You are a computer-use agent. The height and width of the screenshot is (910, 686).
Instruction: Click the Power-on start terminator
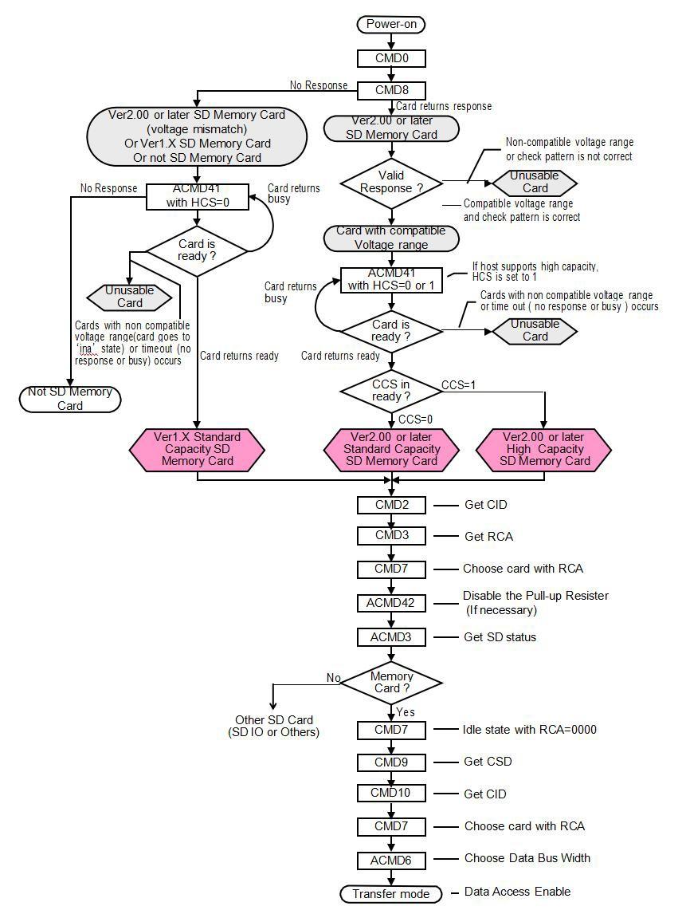[390, 25]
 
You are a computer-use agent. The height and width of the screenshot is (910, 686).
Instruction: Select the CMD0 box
[390, 58]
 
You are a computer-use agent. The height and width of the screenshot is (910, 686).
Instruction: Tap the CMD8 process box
[390, 90]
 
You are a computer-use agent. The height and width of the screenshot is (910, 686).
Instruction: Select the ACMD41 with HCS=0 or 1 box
[390, 280]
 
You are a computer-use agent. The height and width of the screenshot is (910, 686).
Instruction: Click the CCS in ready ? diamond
[390, 391]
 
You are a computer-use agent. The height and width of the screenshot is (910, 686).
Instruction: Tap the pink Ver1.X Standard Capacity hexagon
[197, 449]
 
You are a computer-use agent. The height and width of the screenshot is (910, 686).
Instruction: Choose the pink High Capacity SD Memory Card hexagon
[543, 449]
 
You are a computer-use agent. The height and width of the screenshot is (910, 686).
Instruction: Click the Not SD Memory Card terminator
[70, 399]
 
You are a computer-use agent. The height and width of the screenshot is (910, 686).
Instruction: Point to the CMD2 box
[390, 505]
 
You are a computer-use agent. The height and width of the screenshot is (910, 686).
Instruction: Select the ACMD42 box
[390, 603]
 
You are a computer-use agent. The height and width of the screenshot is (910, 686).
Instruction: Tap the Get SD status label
[500, 637]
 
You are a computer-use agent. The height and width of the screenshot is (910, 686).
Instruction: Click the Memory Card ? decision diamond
[392, 683]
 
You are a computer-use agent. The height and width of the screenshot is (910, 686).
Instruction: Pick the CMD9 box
[390, 762]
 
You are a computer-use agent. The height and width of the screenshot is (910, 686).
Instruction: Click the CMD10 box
[390, 794]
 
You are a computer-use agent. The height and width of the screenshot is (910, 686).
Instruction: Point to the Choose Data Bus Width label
[527, 858]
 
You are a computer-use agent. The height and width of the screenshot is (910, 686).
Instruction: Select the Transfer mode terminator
[390, 894]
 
